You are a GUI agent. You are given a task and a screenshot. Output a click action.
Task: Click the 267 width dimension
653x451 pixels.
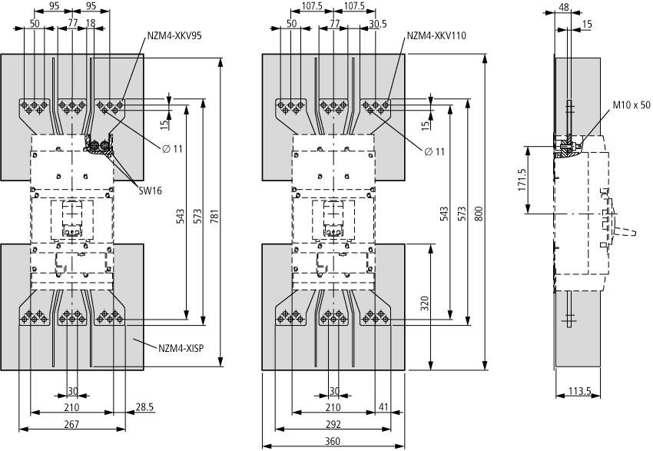(71, 424)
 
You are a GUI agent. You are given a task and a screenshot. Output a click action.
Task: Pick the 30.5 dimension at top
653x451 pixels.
(376, 24)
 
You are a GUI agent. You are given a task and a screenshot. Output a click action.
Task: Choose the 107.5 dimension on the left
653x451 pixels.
(311, 8)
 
